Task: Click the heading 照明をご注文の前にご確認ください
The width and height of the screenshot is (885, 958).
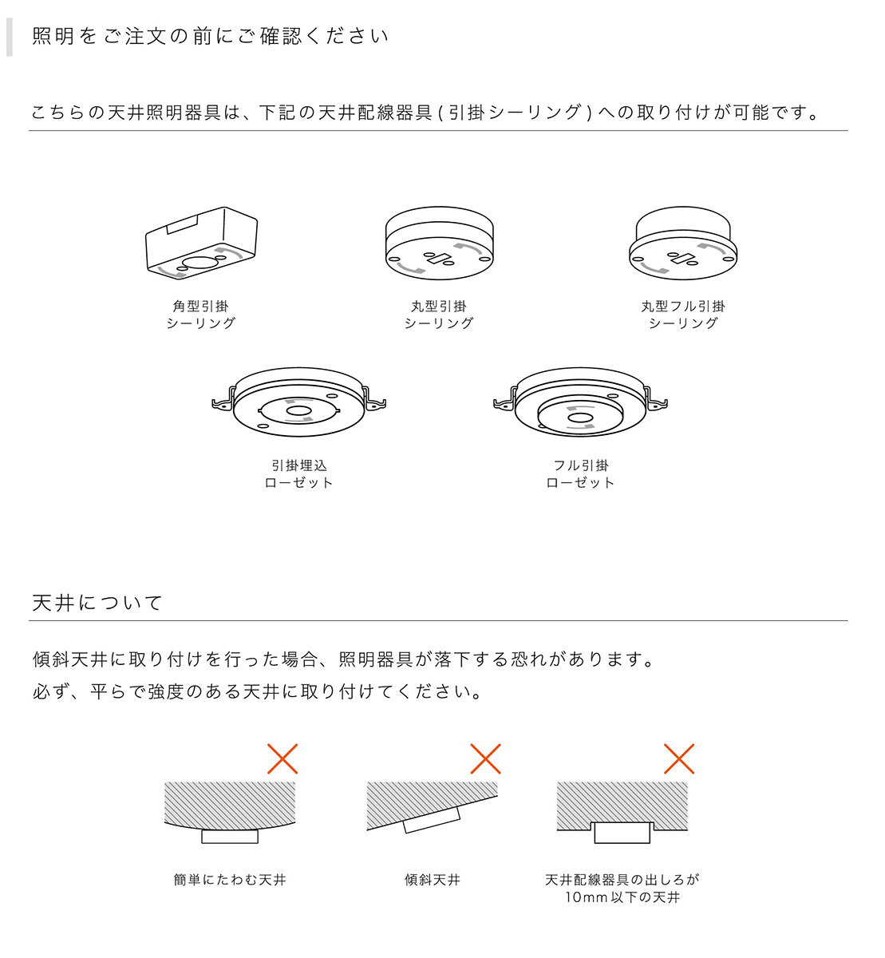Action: tap(210, 37)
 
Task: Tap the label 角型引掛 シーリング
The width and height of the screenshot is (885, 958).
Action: tap(201, 315)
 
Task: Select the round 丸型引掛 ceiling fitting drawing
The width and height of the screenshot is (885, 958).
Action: tap(439, 243)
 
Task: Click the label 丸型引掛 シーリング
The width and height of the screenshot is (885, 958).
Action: tap(439, 315)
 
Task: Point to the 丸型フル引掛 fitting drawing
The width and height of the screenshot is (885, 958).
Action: tap(683, 243)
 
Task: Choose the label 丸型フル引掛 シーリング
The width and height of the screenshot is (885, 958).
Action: tap(683, 315)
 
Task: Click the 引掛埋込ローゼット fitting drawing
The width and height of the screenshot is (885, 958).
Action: tap(299, 403)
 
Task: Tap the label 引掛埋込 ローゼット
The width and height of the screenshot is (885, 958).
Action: tap(299, 474)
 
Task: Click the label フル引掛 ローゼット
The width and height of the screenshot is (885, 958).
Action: tap(580, 474)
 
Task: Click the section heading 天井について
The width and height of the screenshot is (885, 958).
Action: tap(97, 603)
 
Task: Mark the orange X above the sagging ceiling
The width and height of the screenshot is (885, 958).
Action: tap(282, 758)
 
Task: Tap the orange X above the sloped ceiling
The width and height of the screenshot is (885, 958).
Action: tap(485, 758)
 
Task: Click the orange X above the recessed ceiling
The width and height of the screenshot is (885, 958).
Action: tap(679, 758)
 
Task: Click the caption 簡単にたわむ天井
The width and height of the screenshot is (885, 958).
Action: tap(230, 880)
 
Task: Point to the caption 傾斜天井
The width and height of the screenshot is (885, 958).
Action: tap(433, 880)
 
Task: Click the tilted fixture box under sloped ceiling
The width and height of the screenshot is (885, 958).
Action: tap(433, 820)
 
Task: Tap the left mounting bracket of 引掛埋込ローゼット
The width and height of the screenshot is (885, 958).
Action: tap(223, 401)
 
